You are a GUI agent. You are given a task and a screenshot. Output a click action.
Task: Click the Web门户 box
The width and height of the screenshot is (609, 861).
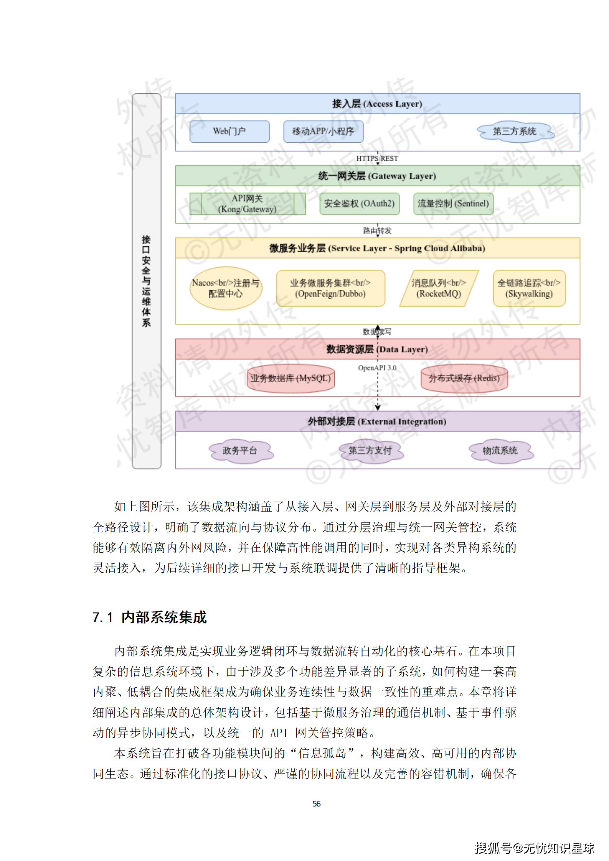pos(229,132)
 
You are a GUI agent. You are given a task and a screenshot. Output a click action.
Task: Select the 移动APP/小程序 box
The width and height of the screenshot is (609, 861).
pos(323,132)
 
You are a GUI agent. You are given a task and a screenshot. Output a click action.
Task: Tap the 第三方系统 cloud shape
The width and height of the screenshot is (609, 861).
pos(515,132)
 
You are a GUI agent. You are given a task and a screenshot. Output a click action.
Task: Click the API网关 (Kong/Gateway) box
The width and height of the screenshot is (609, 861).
pos(248,204)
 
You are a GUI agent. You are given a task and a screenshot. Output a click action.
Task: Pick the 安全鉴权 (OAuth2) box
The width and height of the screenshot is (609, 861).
pos(359,204)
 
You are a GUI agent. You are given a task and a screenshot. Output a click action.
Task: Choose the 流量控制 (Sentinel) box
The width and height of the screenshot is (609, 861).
pos(453,204)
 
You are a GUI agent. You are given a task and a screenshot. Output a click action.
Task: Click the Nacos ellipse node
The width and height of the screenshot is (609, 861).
pos(226,288)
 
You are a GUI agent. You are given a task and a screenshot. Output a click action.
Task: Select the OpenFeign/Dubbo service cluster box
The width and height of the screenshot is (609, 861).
pos(330,288)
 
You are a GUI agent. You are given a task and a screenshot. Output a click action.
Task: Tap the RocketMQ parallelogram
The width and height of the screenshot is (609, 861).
pos(439,288)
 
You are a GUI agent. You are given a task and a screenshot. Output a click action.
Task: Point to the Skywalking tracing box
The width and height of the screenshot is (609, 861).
pos(529,288)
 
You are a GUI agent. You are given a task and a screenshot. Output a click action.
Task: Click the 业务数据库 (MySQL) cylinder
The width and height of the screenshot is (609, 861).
pos(291,378)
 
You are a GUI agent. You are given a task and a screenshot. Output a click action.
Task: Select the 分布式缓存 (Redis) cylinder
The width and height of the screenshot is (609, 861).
pos(464,378)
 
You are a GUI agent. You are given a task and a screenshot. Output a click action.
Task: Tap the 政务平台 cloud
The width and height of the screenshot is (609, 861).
pos(240,451)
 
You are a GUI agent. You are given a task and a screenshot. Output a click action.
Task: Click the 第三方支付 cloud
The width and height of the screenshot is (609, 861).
pos(370,451)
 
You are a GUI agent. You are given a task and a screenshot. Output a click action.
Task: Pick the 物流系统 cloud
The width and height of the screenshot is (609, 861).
pos(500,451)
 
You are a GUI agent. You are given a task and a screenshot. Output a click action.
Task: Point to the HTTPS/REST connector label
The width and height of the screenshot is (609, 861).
pos(377,158)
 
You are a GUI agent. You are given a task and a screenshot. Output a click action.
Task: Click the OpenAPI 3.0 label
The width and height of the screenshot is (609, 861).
pos(377,368)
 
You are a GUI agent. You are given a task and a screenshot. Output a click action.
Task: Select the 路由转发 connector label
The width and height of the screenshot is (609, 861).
pos(377,230)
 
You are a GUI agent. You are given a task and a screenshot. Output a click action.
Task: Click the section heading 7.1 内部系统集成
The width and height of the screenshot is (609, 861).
pos(150,617)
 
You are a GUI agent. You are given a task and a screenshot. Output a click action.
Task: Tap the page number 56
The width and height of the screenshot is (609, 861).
pos(316,803)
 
